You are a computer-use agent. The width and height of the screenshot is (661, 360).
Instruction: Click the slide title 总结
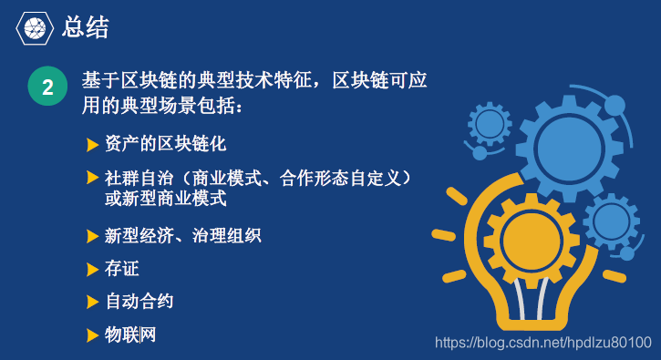86,27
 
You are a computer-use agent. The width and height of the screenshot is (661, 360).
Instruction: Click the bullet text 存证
122,269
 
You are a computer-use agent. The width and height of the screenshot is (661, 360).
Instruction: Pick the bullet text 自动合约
139,301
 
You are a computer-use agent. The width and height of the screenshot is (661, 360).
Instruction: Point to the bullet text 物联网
130,334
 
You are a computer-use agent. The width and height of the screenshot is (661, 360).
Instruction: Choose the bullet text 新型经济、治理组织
183,236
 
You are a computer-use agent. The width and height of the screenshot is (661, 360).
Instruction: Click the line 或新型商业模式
165,198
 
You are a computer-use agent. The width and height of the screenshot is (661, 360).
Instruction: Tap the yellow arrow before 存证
92,270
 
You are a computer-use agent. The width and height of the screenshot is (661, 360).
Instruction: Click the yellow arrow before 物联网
92,335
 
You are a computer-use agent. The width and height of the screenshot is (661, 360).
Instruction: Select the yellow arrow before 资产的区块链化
92,145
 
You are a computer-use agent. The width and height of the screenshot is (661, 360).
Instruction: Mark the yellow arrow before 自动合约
92,302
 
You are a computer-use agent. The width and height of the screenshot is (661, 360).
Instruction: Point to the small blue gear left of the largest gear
490,123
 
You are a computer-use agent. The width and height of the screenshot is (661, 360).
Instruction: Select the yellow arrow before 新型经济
92,237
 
